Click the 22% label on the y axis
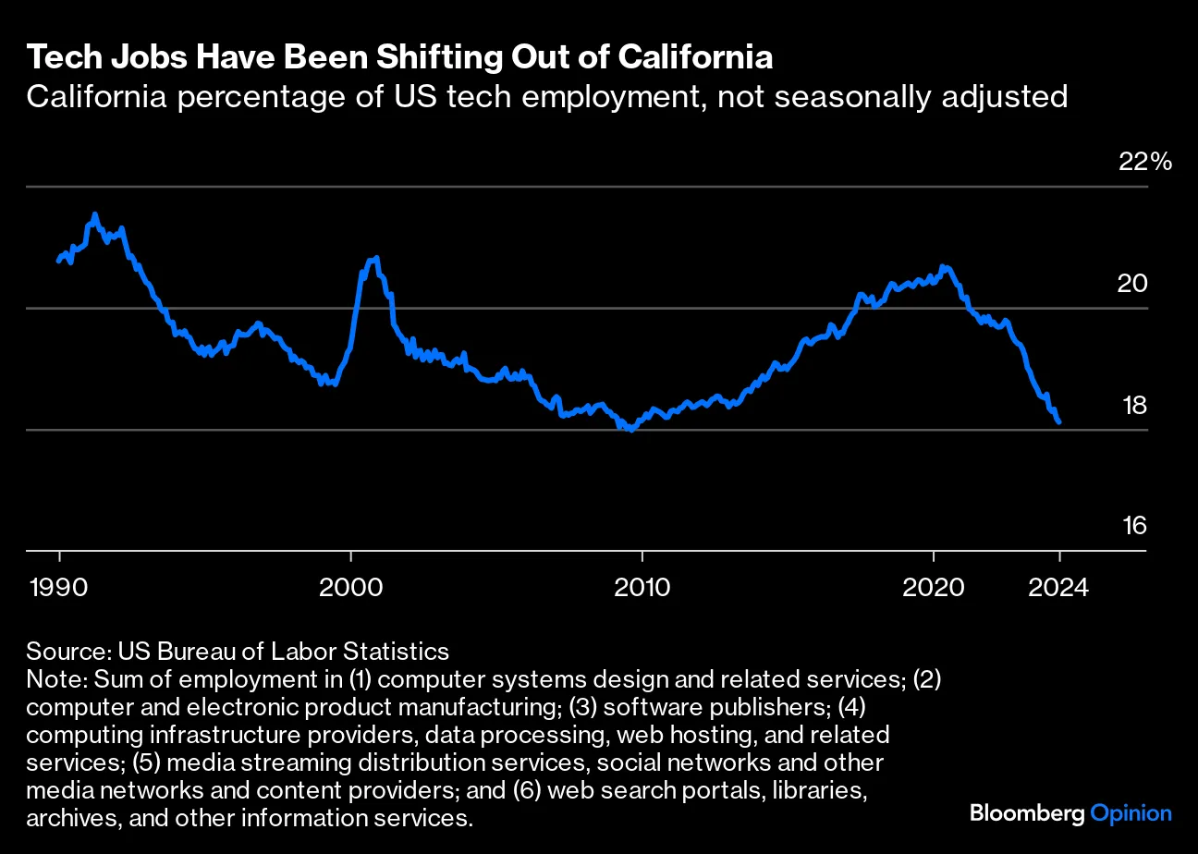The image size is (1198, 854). click(1144, 162)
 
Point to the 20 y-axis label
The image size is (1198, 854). click(1133, 284)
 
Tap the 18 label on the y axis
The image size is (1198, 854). click(1134, 405)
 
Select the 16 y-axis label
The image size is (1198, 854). click(1134, 526)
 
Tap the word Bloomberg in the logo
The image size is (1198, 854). click(1026, 813)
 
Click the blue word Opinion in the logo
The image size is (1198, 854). click(1131, 813)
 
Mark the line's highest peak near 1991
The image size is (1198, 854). click(94, 214)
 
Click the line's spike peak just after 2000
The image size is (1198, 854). click(376, 258)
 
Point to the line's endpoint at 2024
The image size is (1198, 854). click(1059, 421)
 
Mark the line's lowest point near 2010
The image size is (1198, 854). click(631, 430)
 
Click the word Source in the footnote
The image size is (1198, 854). click(63, 651)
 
